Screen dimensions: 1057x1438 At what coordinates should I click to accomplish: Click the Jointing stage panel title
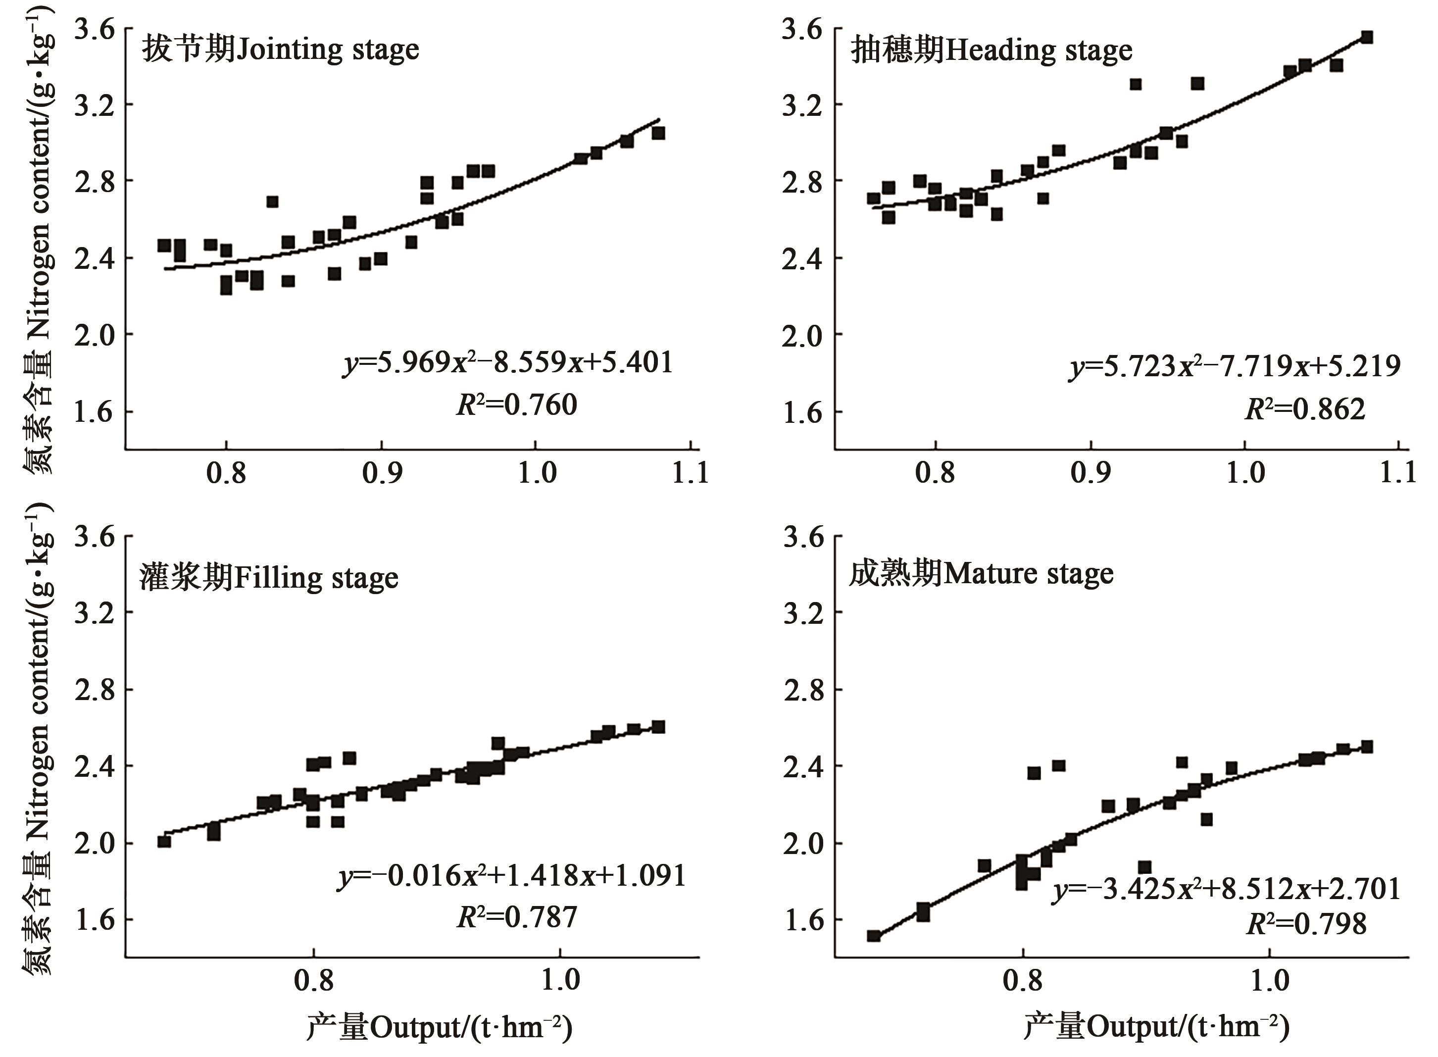280,50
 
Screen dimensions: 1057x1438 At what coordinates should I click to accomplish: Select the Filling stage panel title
269,578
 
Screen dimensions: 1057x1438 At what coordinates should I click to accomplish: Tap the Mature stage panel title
981,573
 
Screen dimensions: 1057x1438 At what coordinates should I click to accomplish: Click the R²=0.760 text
517,405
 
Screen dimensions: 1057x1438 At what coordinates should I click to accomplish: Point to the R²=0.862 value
1305,409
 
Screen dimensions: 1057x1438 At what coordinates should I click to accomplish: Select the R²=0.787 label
517,917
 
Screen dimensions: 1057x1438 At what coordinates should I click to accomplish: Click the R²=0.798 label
1306,923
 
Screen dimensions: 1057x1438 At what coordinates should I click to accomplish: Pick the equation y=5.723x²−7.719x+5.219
1234,366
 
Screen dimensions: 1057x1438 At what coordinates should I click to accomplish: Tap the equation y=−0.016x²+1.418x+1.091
512,875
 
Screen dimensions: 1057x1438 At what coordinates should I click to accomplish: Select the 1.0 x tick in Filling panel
560,980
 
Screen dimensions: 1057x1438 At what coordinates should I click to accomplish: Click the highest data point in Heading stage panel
1366,37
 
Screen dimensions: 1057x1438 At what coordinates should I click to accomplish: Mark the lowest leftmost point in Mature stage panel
874,935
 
